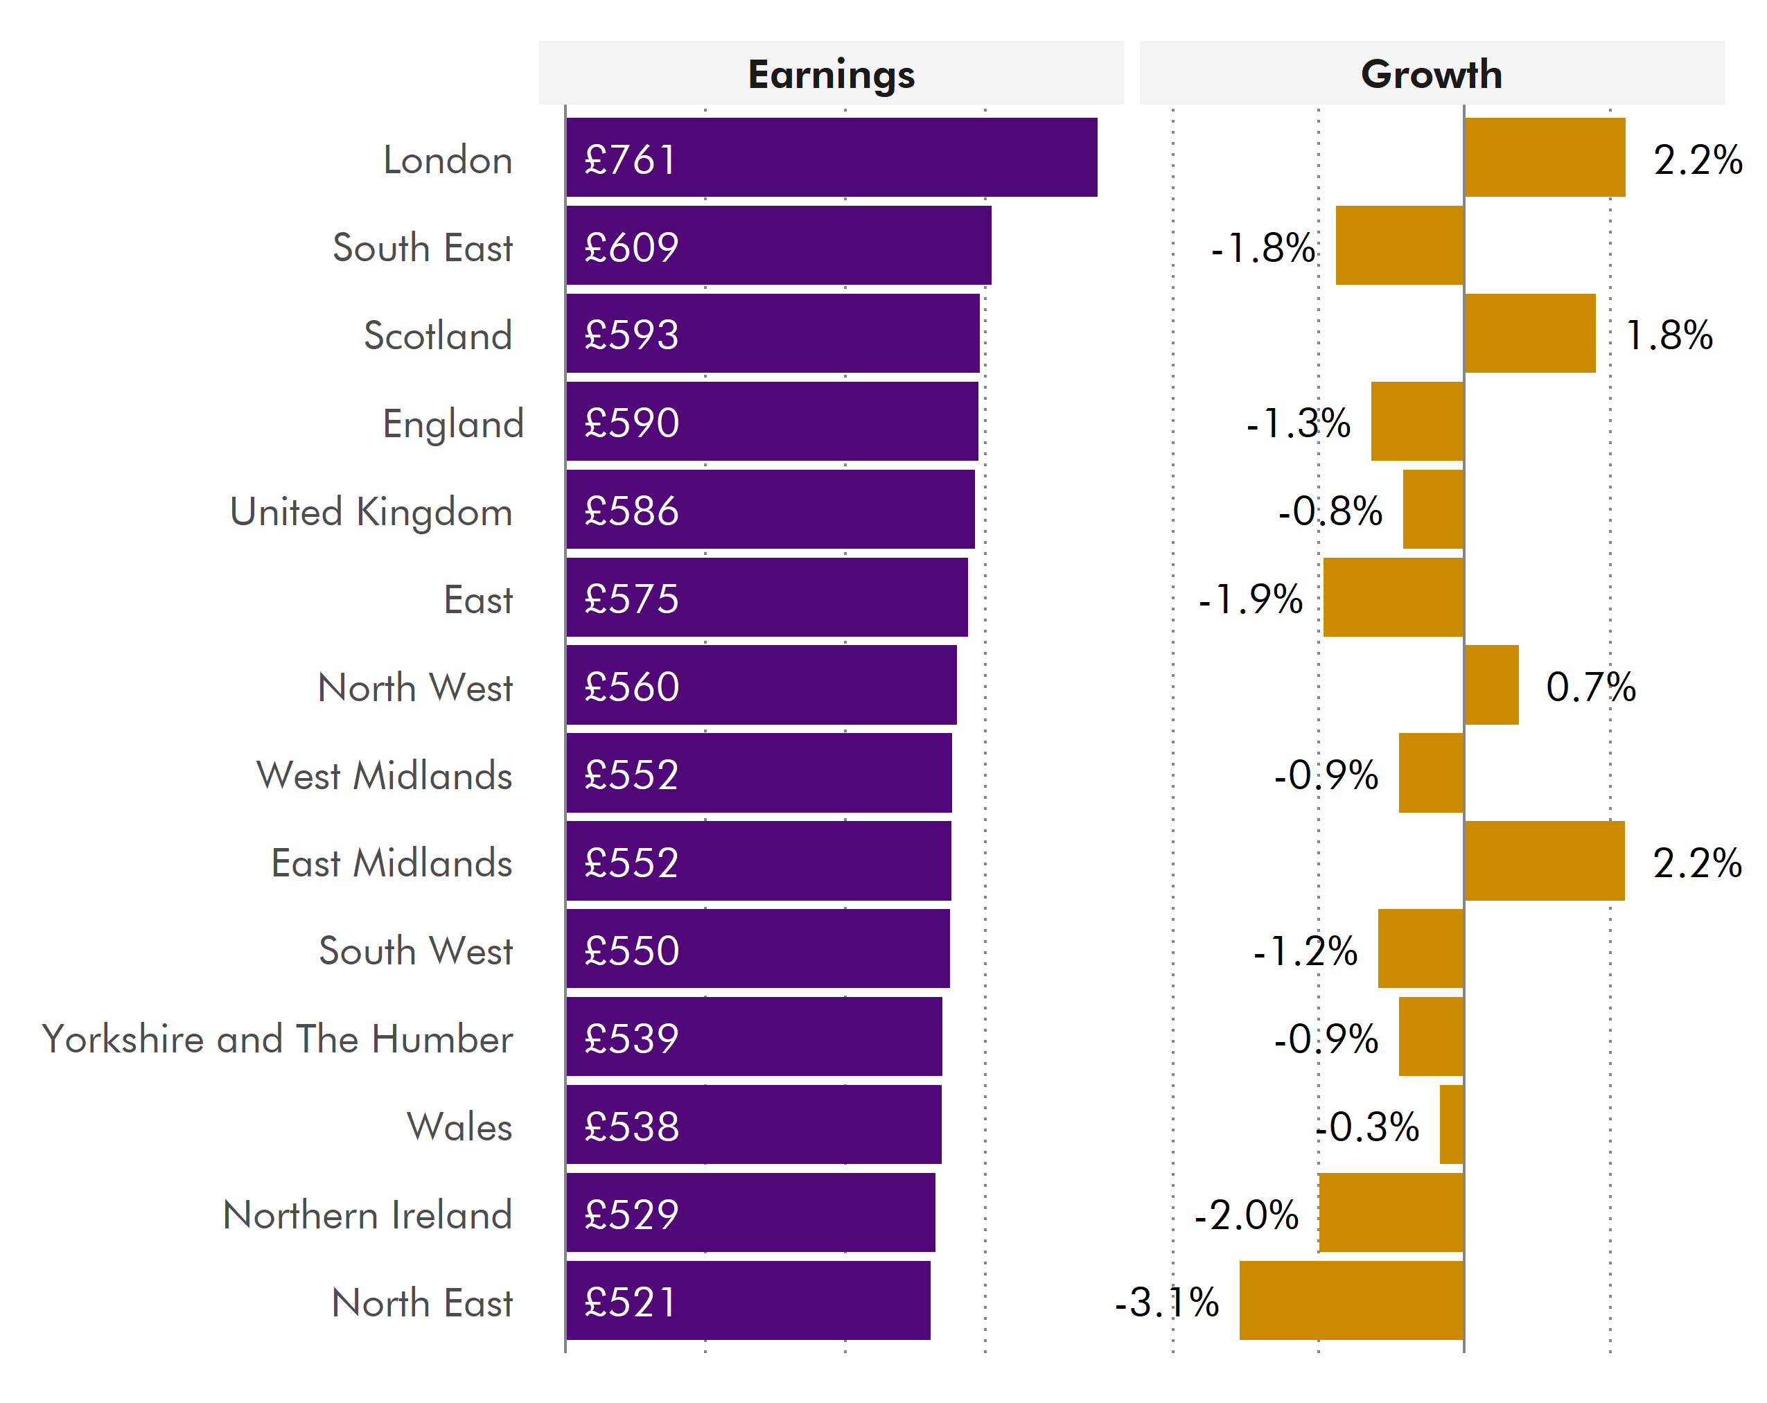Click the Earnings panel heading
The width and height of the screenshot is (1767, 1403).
click(x=831, y=75)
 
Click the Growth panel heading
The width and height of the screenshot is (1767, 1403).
click(x=1431, y=75)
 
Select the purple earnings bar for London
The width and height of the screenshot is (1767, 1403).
click(x=831, y=157)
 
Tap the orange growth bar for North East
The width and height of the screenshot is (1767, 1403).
click(x=1351, y=1300)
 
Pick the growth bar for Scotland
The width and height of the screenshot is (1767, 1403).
click(x=1529, y=333)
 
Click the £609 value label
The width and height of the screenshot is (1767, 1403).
click(x=631, y=247)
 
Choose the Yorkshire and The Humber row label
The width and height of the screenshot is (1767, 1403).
click(x=277, y=1039)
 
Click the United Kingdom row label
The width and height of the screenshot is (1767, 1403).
click(x=371, y=512)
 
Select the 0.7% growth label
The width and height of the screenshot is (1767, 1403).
click(x=1590, y=687)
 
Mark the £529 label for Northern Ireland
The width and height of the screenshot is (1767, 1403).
click(x=631, y=1214)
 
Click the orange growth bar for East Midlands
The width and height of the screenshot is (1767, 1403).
click(x=1544, y=861)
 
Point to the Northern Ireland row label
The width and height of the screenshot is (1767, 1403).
click(x=367, y=1215)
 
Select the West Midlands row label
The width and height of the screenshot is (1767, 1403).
click(x=385, y=775)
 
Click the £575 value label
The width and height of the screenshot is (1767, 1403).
click(x=631, y=598)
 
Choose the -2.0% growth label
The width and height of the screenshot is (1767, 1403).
click(x=1246, y=1215)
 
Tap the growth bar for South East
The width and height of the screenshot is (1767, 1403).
click(x=1399, y=245)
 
